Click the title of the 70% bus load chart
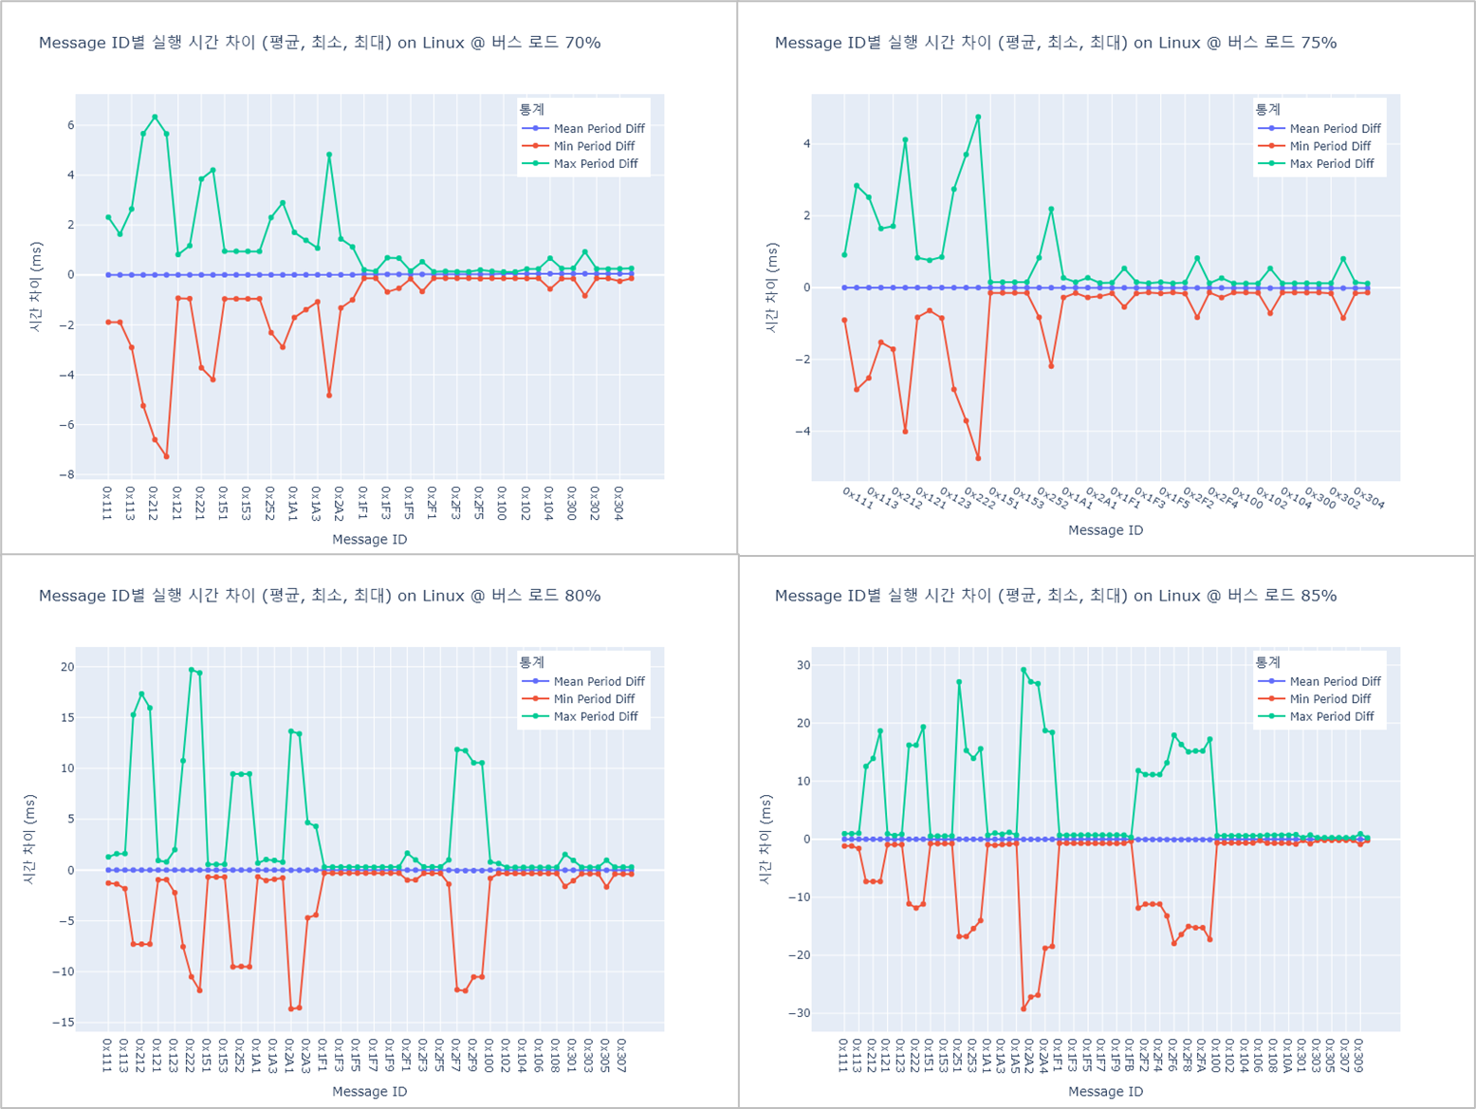[319, 43]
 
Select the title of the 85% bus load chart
[1055, 596]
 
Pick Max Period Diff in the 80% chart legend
[595, 717]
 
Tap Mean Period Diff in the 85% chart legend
[1335, 681]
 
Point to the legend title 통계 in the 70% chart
[531, 110]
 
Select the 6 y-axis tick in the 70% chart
[70, 125]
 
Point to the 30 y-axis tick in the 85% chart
[803, 665]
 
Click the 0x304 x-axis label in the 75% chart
[1369, 498]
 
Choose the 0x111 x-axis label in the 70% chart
[106, 503]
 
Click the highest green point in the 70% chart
[155, 118]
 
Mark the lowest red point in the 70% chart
[166, 456]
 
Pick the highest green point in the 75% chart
[978, 118]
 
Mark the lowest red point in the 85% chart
[1024, 1008]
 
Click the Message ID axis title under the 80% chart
[369, 1091]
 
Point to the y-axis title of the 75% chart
[771, 287]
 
